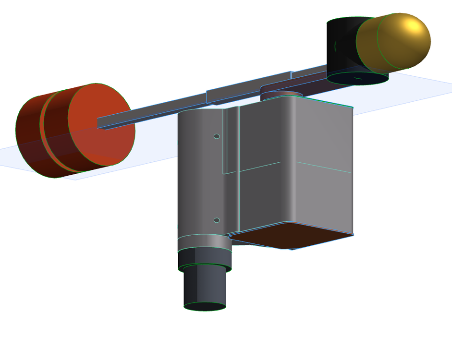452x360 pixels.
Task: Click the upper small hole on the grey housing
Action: coord(217,136)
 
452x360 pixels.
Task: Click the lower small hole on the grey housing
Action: coord(217,220)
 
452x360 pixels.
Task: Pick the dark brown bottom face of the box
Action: coord(293,235)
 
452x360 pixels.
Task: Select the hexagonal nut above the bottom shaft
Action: coord(205,260)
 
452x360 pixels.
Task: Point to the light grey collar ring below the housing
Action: coord(205,243)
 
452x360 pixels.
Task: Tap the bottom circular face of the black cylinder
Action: coord(358,77)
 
